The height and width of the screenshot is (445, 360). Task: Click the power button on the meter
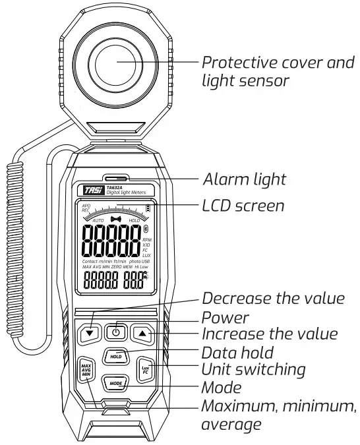pos(116,334)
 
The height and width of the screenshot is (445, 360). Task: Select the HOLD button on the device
pos(116,357)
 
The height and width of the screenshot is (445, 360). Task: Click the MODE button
pos(116,382)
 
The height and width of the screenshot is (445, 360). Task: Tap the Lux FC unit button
pos(146,369)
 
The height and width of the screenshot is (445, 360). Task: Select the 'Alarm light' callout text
pos(244,179)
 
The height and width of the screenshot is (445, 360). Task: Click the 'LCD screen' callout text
pos(243,206)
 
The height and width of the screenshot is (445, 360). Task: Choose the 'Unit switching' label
pos(254,369)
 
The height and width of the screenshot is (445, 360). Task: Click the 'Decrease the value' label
pos(273,298)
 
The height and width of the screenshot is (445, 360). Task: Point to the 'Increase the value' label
pos(269,334)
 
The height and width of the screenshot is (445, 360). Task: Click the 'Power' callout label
pos(225,316)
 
